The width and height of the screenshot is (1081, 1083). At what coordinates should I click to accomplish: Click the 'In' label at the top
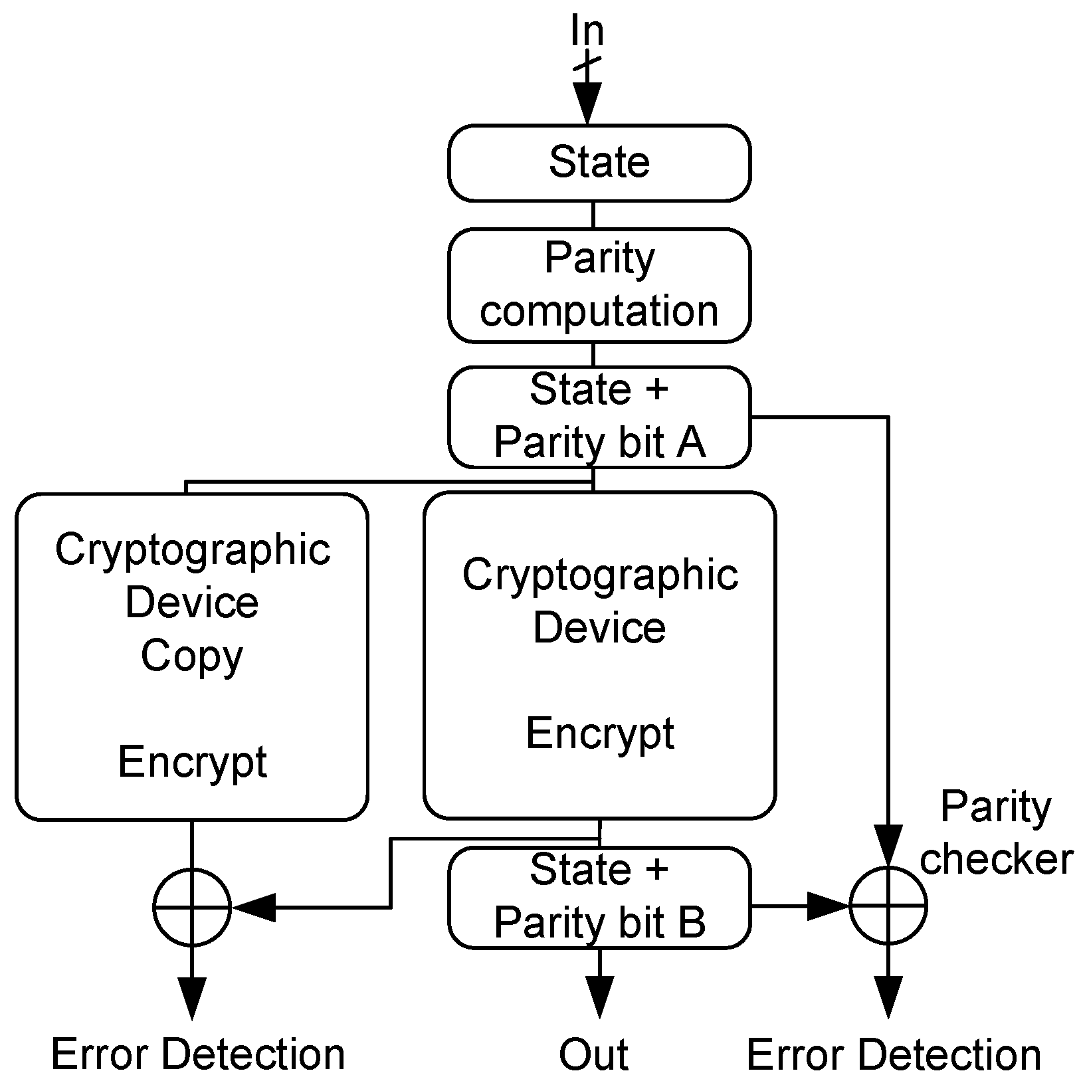point(587,31)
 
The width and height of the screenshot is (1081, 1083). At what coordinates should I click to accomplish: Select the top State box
point(599,162)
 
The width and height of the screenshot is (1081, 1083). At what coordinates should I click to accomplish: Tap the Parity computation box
point(599,285)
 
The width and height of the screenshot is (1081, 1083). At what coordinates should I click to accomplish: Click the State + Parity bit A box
point(599,417)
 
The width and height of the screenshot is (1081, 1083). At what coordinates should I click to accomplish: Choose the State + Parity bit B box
point(599,897)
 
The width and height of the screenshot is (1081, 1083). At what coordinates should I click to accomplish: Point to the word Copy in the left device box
point(192,656)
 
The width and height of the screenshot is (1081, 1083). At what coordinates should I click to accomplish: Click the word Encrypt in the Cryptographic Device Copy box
point(192,761)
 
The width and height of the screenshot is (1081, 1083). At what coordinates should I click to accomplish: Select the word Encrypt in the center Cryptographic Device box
point(599,734)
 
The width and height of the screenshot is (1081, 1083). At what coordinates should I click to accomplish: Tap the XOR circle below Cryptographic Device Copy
point(192,906)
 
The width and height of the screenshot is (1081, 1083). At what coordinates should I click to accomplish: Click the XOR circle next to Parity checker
point(888,906)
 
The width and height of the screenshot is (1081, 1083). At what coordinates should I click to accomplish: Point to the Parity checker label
point(995,833)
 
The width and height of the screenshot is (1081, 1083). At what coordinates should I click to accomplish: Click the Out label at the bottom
point(593,1054)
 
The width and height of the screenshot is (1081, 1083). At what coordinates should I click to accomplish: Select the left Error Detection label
point(198,1054)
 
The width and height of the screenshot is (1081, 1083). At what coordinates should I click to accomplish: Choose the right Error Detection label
point(894,1054)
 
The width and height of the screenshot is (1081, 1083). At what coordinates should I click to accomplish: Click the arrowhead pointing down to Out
point(599,997)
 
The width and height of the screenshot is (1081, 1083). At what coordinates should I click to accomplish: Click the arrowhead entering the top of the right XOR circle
point(888,845)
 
